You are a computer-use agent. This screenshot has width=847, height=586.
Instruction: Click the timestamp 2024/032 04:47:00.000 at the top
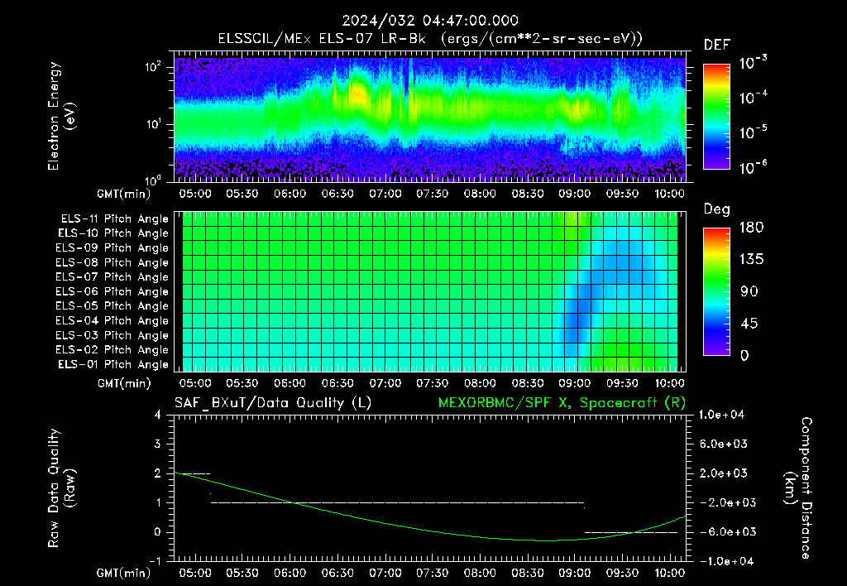[430, 21]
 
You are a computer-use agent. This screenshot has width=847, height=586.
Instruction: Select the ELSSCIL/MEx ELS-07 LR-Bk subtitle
[322, 39]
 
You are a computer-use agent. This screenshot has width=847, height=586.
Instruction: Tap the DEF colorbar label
[717, 46]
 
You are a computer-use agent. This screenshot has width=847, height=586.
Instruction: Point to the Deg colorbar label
[717, 209]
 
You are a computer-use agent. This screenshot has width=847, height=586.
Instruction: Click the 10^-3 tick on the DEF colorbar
[753, 63]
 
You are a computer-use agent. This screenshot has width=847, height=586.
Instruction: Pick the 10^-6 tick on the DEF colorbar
[753, 167]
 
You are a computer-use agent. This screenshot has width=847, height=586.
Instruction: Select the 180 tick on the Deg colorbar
[751, 227]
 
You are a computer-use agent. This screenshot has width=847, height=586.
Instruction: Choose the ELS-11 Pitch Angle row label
[114, 219]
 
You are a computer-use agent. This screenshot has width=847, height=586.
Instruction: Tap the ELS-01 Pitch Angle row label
[113, 365]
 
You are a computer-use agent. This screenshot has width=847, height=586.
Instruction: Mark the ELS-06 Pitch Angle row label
[112, 292]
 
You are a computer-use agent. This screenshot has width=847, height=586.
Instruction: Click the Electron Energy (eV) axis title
[61, 116]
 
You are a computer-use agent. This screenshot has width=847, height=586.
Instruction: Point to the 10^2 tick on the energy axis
[153, 67]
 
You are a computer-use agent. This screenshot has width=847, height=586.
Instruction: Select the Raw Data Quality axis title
[61, 488]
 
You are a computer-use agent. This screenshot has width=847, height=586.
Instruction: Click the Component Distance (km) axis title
[798, 488]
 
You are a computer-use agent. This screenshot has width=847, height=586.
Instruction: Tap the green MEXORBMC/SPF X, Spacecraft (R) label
[562, 403]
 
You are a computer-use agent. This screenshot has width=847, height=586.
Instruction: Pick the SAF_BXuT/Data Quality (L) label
[273, 403]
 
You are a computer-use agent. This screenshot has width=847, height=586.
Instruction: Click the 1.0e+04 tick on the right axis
[721, 415]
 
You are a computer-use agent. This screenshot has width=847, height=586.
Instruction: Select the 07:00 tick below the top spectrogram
[385, 194]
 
